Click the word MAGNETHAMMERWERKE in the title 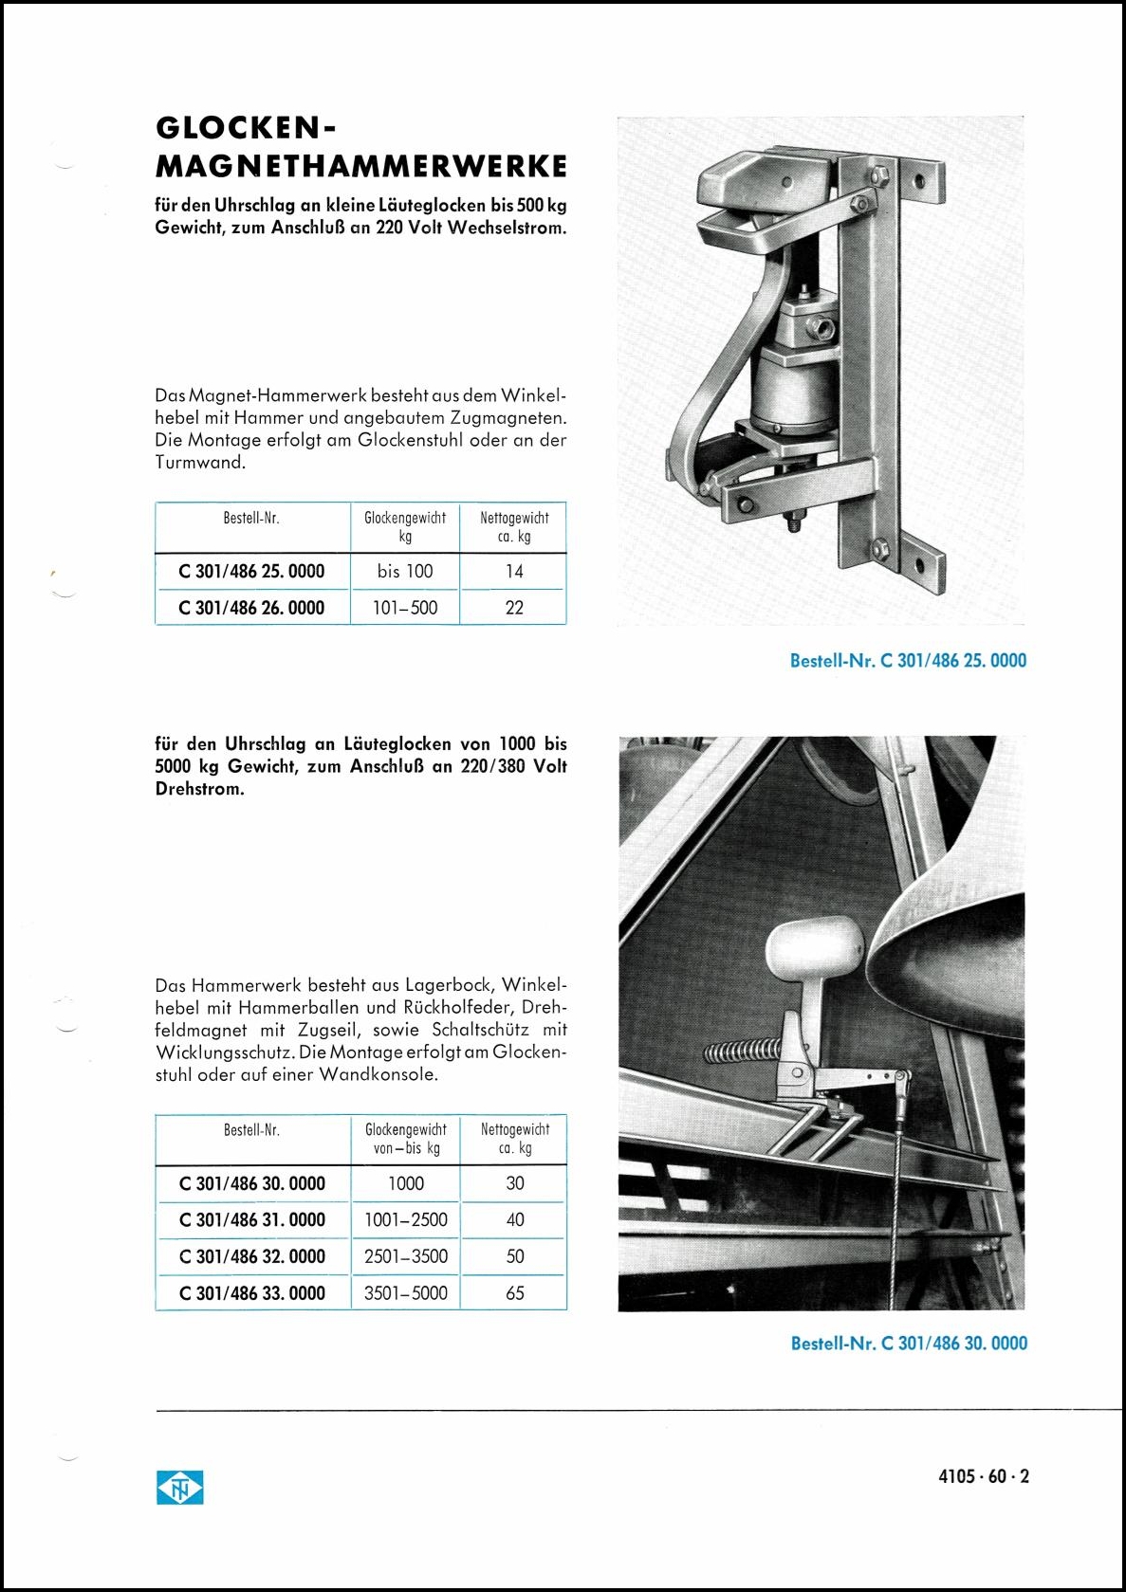[x=360, y=167]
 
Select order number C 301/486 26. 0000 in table [x=251, y=608]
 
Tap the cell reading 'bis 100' [x=405, y=572]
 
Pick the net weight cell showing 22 [x=514, y=608]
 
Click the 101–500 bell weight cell [x=405, y=608]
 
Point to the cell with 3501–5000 [x=406, y=1292]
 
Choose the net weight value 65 [x=515, y=1292]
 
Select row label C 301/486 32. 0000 [x=252, y=1256]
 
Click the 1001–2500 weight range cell [x=406, y=1220]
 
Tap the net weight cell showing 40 [x=515, y=1220]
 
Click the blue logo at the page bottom [x=180, y=1489]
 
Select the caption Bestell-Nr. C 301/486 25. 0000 [x=908, y=661]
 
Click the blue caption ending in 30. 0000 [x=909, y=1344]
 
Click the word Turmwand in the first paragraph [x=200, y=463]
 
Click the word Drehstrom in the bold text [x=199, y=789]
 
